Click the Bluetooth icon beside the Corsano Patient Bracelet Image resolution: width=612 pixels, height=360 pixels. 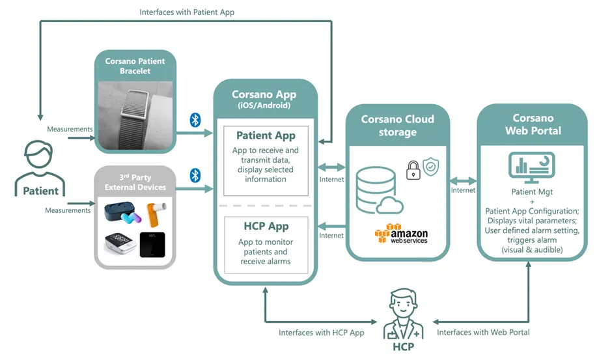click(195, 120)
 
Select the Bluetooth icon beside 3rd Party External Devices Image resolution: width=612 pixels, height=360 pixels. click(195, 175)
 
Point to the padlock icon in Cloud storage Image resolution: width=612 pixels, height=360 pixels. click(413, 170)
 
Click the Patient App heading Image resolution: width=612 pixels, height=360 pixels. click(266, 135)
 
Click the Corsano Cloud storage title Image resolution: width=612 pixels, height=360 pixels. click(397, 126)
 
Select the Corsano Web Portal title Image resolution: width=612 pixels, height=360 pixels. click(532, 124)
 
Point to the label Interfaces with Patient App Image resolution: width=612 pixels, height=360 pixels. click(187, 12)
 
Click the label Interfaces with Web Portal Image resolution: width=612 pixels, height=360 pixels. click(482, 332)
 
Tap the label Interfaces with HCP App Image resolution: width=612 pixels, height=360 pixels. click(321, 332)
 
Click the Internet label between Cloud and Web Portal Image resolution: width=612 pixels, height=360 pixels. click(463, 190)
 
